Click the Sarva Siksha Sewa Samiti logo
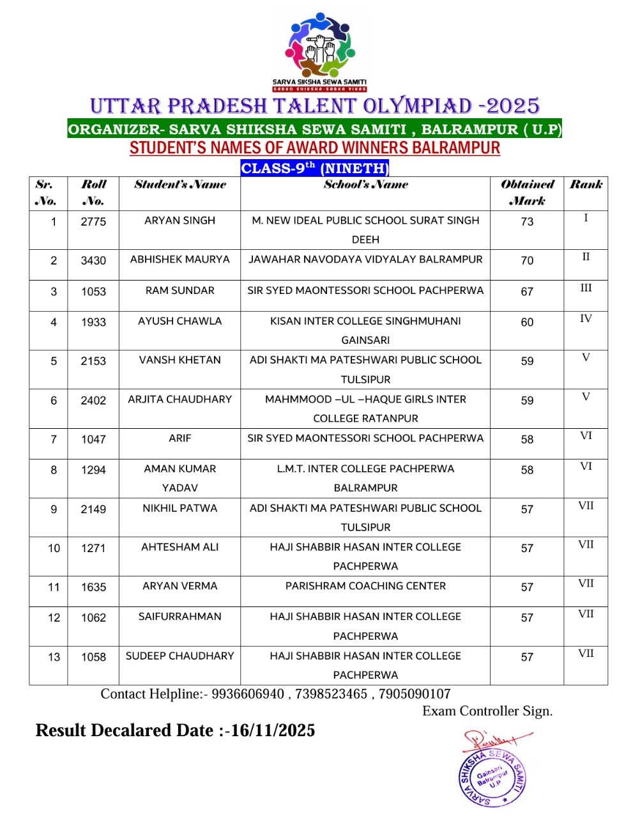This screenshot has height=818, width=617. point(319,51)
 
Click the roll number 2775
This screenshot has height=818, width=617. point(93,222)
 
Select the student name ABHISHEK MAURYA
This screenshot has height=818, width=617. point(179,259)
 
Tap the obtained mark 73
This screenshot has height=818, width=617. point(527,222)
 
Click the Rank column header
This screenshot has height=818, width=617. point(586,185)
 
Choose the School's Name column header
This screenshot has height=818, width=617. point(365,185)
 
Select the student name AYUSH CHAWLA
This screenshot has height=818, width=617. point(179,321)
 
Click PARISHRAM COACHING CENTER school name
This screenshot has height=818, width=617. point(365,586)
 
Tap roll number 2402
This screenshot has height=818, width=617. point(93,401)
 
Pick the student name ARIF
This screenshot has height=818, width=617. point(179,438)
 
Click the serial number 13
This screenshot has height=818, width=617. point(54,657)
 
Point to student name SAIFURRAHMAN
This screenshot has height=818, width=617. point(179,617)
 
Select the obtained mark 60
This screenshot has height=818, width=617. point(527,323)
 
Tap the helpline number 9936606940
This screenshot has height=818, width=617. point(248,695)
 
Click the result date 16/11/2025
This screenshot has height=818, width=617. point(273,730)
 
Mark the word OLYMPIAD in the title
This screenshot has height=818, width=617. point(418,106)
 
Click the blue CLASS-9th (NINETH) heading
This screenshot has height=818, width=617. point(314,168)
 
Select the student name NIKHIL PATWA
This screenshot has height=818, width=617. point(179,509)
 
